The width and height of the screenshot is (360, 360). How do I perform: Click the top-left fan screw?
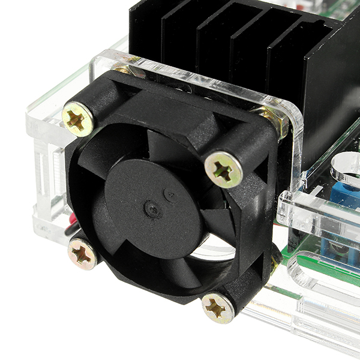pyautogui.click(x=77, y=119)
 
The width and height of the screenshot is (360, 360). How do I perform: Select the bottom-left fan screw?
pyautogui.click(x=82, y=254)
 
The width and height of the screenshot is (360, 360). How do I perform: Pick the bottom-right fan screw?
pyautogui.click(x=217, y=308)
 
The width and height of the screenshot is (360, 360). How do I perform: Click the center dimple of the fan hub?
pyautogui.click(x=152, y=209)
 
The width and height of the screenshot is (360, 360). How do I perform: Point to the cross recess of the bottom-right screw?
pyautogui.click(x=217, y=308)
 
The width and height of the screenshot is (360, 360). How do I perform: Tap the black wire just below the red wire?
pyautogui.click(x=71, y=231)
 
